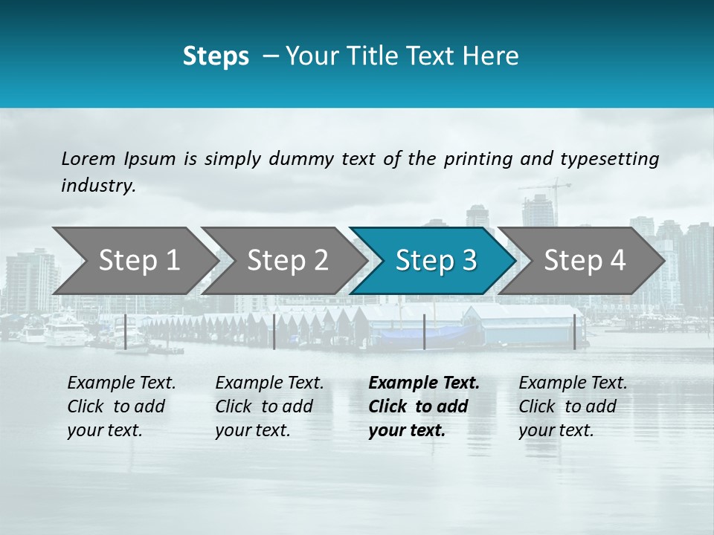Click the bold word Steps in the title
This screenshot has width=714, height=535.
pyautogui.click(x=216, y=56)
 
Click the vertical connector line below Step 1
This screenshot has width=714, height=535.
pyautogui.click(x=126, y=331)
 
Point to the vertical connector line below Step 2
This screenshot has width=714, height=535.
pyautogui.click(x=274, y=331)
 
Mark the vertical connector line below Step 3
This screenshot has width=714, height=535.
pyautogui.click(x=424, y=331)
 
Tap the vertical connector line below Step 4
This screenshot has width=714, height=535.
pyautogui.click(x=574, y=331)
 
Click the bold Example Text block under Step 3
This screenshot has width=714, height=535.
pyautogui.click(x=424, y=406)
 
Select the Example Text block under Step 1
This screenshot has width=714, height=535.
pyautogui.click(x=121, y=406)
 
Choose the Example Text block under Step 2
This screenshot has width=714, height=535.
pyautogui.click(x=269, y=406)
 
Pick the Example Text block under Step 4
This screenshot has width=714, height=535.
pyautogui.click(x=573, y=406)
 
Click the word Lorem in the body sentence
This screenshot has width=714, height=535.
pyautogui.click(x=89, y=159)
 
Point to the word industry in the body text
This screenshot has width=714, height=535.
pyautogui.click(x=98, y=186)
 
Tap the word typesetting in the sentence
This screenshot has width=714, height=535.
pyautogui.click(x=609, y=159)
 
